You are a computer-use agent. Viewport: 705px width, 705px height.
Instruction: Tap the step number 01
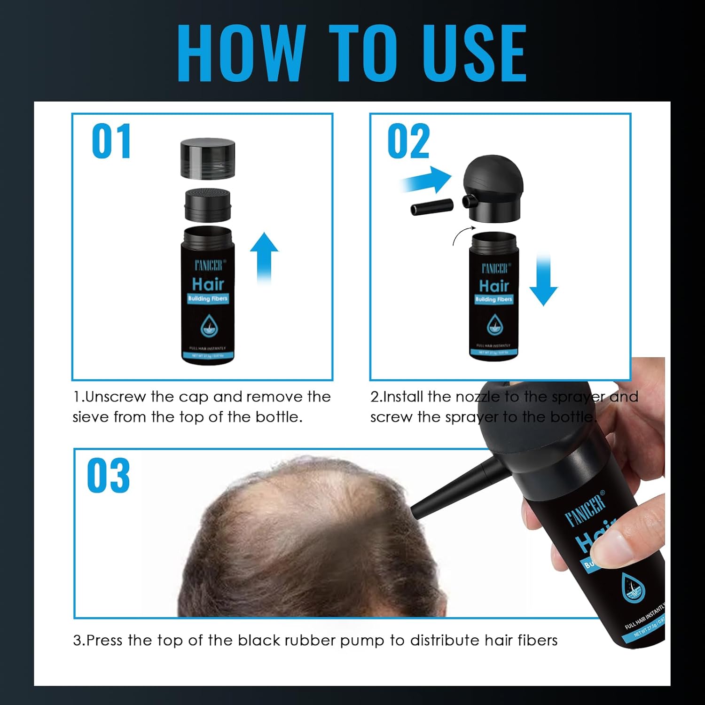111,141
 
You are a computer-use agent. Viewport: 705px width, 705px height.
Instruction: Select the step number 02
408,141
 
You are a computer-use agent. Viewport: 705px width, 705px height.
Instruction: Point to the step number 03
108,476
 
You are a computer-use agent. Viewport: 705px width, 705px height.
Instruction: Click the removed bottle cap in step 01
208,158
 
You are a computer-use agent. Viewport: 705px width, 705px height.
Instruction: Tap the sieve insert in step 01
207,205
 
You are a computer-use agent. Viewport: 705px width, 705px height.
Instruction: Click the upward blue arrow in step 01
264,256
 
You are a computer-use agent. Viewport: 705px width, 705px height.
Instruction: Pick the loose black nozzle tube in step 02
431,207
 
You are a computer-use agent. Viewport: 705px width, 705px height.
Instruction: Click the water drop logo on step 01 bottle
207,326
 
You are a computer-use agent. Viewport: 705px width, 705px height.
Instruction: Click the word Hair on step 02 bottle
494,285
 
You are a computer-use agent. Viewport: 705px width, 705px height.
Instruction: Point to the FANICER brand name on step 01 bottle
208,266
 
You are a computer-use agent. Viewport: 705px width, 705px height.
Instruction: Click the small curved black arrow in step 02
463,235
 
